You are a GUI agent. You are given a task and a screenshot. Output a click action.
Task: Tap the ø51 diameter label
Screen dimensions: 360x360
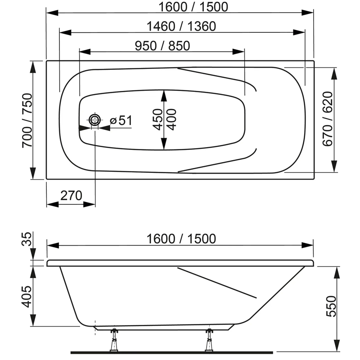(x=121, y=121)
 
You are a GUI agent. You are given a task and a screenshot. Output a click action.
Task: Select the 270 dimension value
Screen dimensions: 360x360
(x=71, y=196)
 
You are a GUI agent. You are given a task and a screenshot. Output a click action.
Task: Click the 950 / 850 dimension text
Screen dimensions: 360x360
(x=162, y=46)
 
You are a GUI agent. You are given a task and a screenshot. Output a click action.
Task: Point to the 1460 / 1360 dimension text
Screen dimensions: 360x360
(x=181, y=26)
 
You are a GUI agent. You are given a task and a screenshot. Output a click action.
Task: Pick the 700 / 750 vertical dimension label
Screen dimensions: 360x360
(x=27, y=121)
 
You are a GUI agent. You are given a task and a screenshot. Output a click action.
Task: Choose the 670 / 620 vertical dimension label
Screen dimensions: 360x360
(x=328, y=119)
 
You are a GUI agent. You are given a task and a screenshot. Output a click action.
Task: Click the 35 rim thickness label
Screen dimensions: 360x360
(x=27, y=239)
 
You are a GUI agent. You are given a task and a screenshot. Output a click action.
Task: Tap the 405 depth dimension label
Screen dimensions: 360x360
(x=27, y=297)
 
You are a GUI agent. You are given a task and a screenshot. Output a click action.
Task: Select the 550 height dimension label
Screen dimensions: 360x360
(x=331, y=306)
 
